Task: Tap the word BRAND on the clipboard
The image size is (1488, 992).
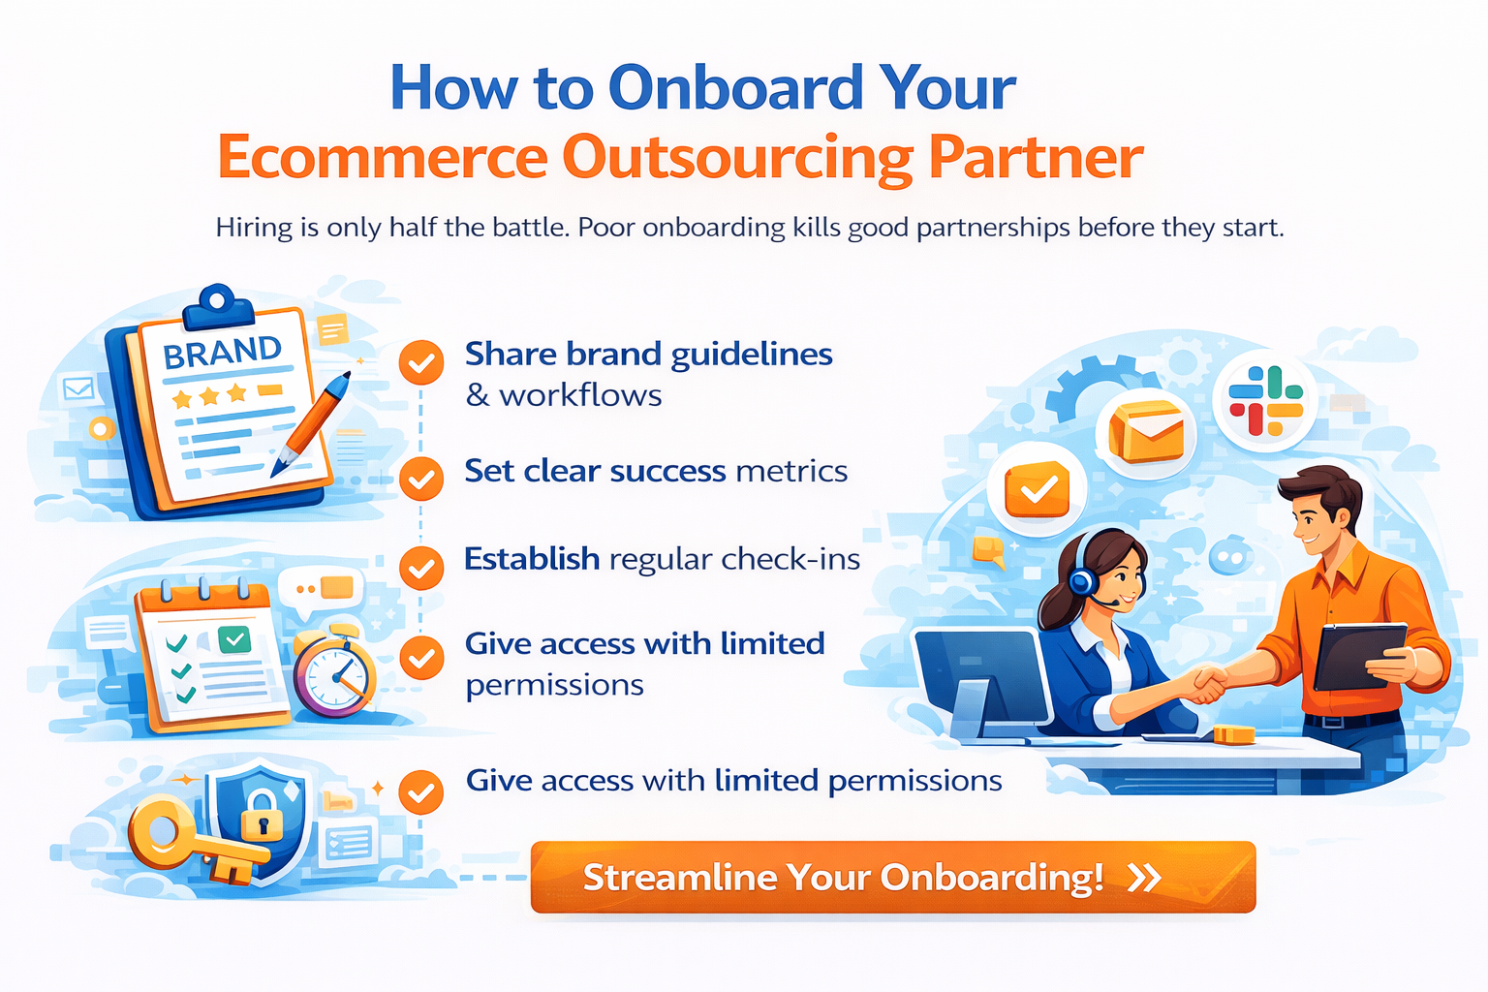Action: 222,352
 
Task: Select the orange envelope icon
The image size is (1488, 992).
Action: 1147,431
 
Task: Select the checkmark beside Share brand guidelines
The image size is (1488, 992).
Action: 421,362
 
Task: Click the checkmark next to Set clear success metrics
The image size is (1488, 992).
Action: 421,479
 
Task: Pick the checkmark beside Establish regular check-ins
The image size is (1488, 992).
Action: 421,568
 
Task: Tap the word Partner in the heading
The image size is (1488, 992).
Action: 1036,158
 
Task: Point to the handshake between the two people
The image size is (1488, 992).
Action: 1206,684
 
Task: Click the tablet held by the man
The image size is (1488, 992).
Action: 1359,656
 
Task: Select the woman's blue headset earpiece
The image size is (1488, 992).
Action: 1082,580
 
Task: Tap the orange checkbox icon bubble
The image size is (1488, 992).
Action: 1037,489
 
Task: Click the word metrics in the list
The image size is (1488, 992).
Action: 791,471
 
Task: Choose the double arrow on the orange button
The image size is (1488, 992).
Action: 1144,878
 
